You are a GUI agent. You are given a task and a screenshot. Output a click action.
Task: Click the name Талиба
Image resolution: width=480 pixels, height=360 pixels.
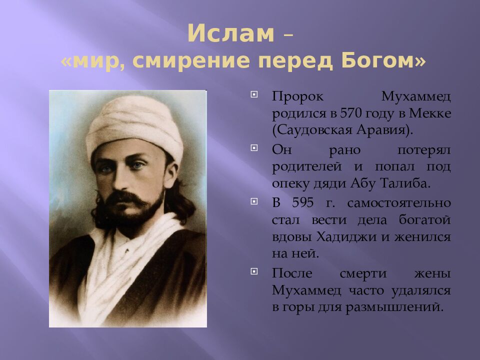409,183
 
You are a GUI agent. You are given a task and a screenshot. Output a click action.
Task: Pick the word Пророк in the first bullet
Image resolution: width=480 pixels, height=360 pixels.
291,96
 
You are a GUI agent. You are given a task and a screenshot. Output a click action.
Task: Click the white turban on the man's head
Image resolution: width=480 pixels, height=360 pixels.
135,125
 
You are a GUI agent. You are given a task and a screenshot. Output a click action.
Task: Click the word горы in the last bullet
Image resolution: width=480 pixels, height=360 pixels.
300,306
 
